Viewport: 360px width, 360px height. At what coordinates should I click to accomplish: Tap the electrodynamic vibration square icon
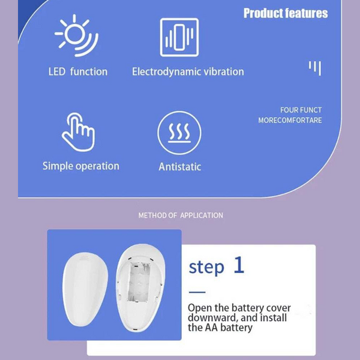pyautogui.click(x=179, y=37)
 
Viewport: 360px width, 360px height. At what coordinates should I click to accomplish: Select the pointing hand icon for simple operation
pyautogui.click(x=78, y=132)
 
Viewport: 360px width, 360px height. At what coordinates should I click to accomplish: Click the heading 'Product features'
pyautogui.click(x=286, y=13)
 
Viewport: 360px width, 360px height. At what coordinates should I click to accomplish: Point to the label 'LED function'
pyautogui.click(x=78, y=71)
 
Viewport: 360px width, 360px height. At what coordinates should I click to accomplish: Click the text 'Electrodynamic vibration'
pyautogui.click(x=188, y=71)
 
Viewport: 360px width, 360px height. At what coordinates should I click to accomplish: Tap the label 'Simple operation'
pyautogui.click(x=80, y=166)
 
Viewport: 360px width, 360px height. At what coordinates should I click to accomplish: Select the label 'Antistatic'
pyautogui.click(x=179, y=167)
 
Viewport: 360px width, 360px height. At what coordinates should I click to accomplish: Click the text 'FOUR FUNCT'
pyautogui.click(x=301, y=110)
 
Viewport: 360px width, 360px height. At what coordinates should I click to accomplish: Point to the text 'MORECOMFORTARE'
pyautogui.click(x=290, y=120)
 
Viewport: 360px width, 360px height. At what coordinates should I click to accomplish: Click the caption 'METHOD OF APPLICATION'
pyautogui.click(x=181, y=215)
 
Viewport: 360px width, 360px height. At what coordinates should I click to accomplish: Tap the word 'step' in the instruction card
pyautogui.click(x=206, y=267)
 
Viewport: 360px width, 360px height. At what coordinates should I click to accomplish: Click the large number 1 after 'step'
pyautogui.click(x=239, y=265)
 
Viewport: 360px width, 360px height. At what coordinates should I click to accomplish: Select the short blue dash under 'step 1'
pyautogui.click(x=196, y=292)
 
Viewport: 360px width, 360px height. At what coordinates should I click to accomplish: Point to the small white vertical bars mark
pyautogui.click(x=315, y=67)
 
